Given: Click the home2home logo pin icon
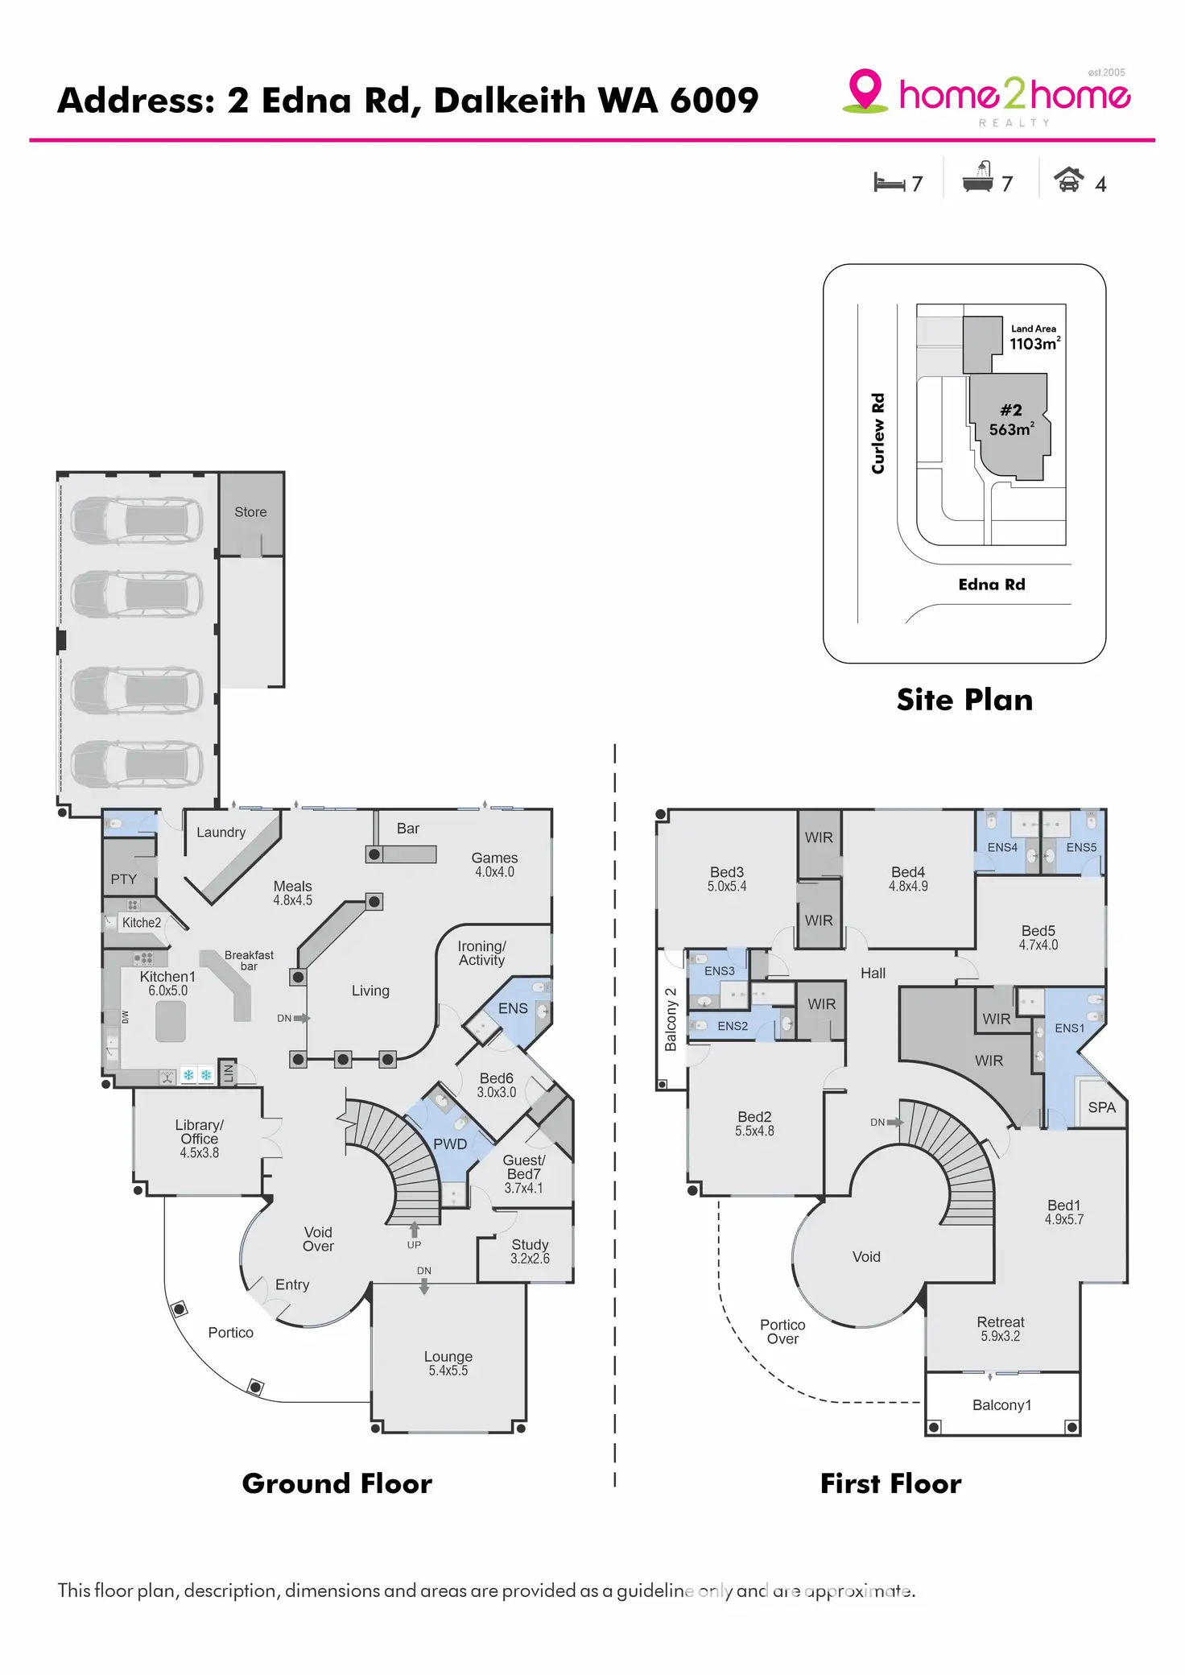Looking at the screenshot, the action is tap(865, 89).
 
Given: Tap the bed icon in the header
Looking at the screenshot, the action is tap(889, 183).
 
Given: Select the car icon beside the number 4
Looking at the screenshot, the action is tap(1068, 180).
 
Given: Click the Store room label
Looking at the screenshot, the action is tap(250, 512).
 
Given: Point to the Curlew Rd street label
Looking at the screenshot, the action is tap(877, 433).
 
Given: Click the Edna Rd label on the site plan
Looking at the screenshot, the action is tap(992, 585).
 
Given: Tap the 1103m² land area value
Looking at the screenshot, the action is tap(1034, 344).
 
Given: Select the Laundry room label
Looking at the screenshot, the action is tap(221, 833).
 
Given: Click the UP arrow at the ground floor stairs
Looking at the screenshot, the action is tap(414, 1230).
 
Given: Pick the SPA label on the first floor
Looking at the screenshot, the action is tap(1101, 1107).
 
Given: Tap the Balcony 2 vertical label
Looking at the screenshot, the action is tap(671, 1019).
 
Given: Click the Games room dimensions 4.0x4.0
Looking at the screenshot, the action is tap(494, 872).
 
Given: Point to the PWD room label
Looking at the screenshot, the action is tap(450, 1144).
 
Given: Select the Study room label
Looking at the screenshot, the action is tap(530, 1245).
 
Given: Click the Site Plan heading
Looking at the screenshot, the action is tap(964, 700).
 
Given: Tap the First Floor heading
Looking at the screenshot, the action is tap(890, 1483).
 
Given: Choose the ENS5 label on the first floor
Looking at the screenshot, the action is tap(1081, 847).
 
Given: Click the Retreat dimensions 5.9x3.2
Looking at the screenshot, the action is tap(1000, 1337).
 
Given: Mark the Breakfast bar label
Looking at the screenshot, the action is tap(249, 960).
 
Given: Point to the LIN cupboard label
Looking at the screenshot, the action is tap(228, 1073).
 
